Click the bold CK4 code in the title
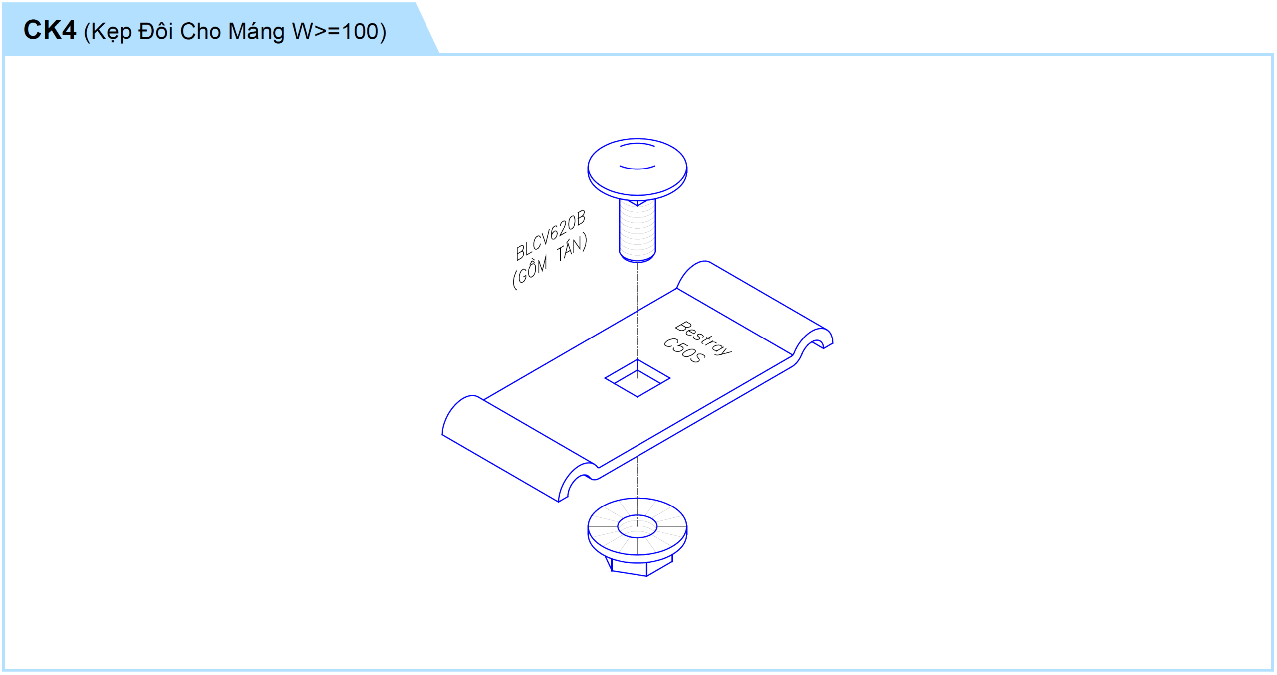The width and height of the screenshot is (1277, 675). tap(50, 30)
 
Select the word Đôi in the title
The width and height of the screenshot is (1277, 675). tap(156, 31)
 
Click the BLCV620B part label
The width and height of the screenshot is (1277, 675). tap(550, 235)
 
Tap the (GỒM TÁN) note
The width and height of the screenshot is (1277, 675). tap(550, 262)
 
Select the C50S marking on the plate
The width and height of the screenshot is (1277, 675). tap(684, 350)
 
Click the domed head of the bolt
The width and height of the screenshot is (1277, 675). tap(637, 168)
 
